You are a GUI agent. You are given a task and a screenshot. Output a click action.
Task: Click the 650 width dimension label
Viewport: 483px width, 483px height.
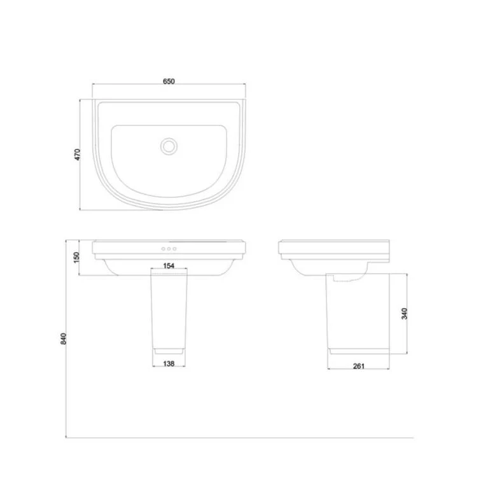[169, 81]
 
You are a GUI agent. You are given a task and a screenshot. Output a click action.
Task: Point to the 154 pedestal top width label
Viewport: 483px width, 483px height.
[169, 266]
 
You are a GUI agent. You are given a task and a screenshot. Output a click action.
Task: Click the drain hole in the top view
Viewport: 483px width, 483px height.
[169, 146]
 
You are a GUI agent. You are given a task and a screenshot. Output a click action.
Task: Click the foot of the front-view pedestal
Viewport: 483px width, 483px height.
[169, 351]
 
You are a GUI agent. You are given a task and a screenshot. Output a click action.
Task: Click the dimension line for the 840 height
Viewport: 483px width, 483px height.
[67, 382]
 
